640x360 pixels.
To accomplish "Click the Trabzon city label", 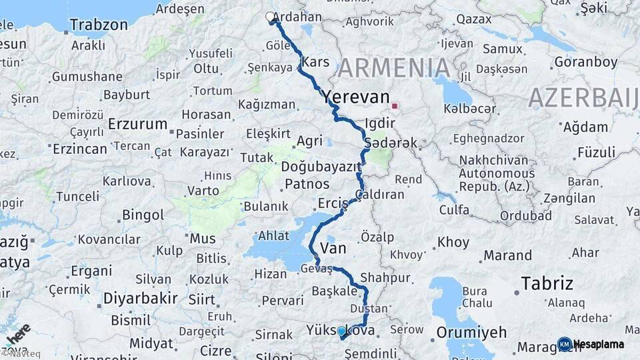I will click(98, 25).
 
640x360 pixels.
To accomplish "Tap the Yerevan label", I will click(355, 97).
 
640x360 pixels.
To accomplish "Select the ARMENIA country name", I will click(393, 68).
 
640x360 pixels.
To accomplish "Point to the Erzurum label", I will click(137, 124).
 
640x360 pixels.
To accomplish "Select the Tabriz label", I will click(547, 283).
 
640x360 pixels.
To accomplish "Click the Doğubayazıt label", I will click(321, 167).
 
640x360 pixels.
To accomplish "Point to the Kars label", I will click(315, 62).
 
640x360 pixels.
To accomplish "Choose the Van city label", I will click(333, 249).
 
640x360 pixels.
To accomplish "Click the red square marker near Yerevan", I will click(395, 106).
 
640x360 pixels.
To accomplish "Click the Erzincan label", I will click(80, 149).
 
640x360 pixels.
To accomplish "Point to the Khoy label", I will click(453, 243).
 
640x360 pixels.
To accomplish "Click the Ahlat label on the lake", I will click(274, 236).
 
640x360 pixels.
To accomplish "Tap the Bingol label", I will click(143, 215).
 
